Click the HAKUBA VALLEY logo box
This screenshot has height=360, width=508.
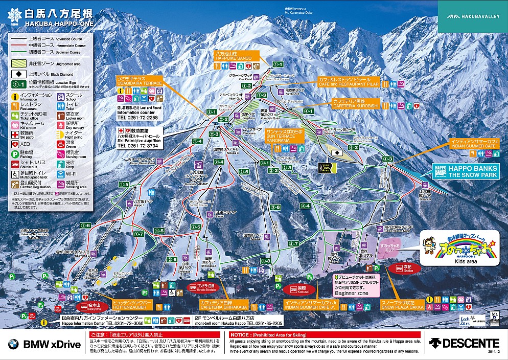[472, 16]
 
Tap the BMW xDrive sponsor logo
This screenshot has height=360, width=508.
[44, 344]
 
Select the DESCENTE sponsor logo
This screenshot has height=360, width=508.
[464, 343]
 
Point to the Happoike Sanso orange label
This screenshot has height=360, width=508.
[233, 56]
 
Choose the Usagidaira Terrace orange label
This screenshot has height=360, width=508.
[138, 82]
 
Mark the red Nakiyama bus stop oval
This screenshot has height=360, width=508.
[93, 307]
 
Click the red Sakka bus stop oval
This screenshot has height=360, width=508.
[404, 268]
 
